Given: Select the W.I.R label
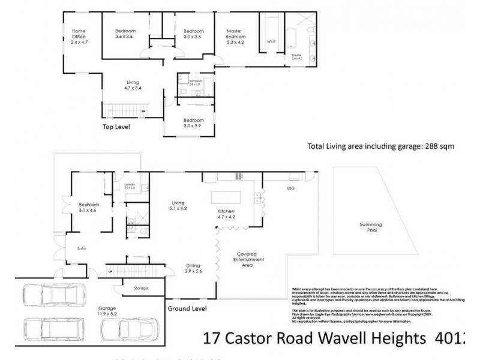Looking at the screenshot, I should [x=271, y=42].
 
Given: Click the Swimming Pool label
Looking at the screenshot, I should [x=371, y=228].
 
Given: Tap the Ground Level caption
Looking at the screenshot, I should [x=187, y=309].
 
